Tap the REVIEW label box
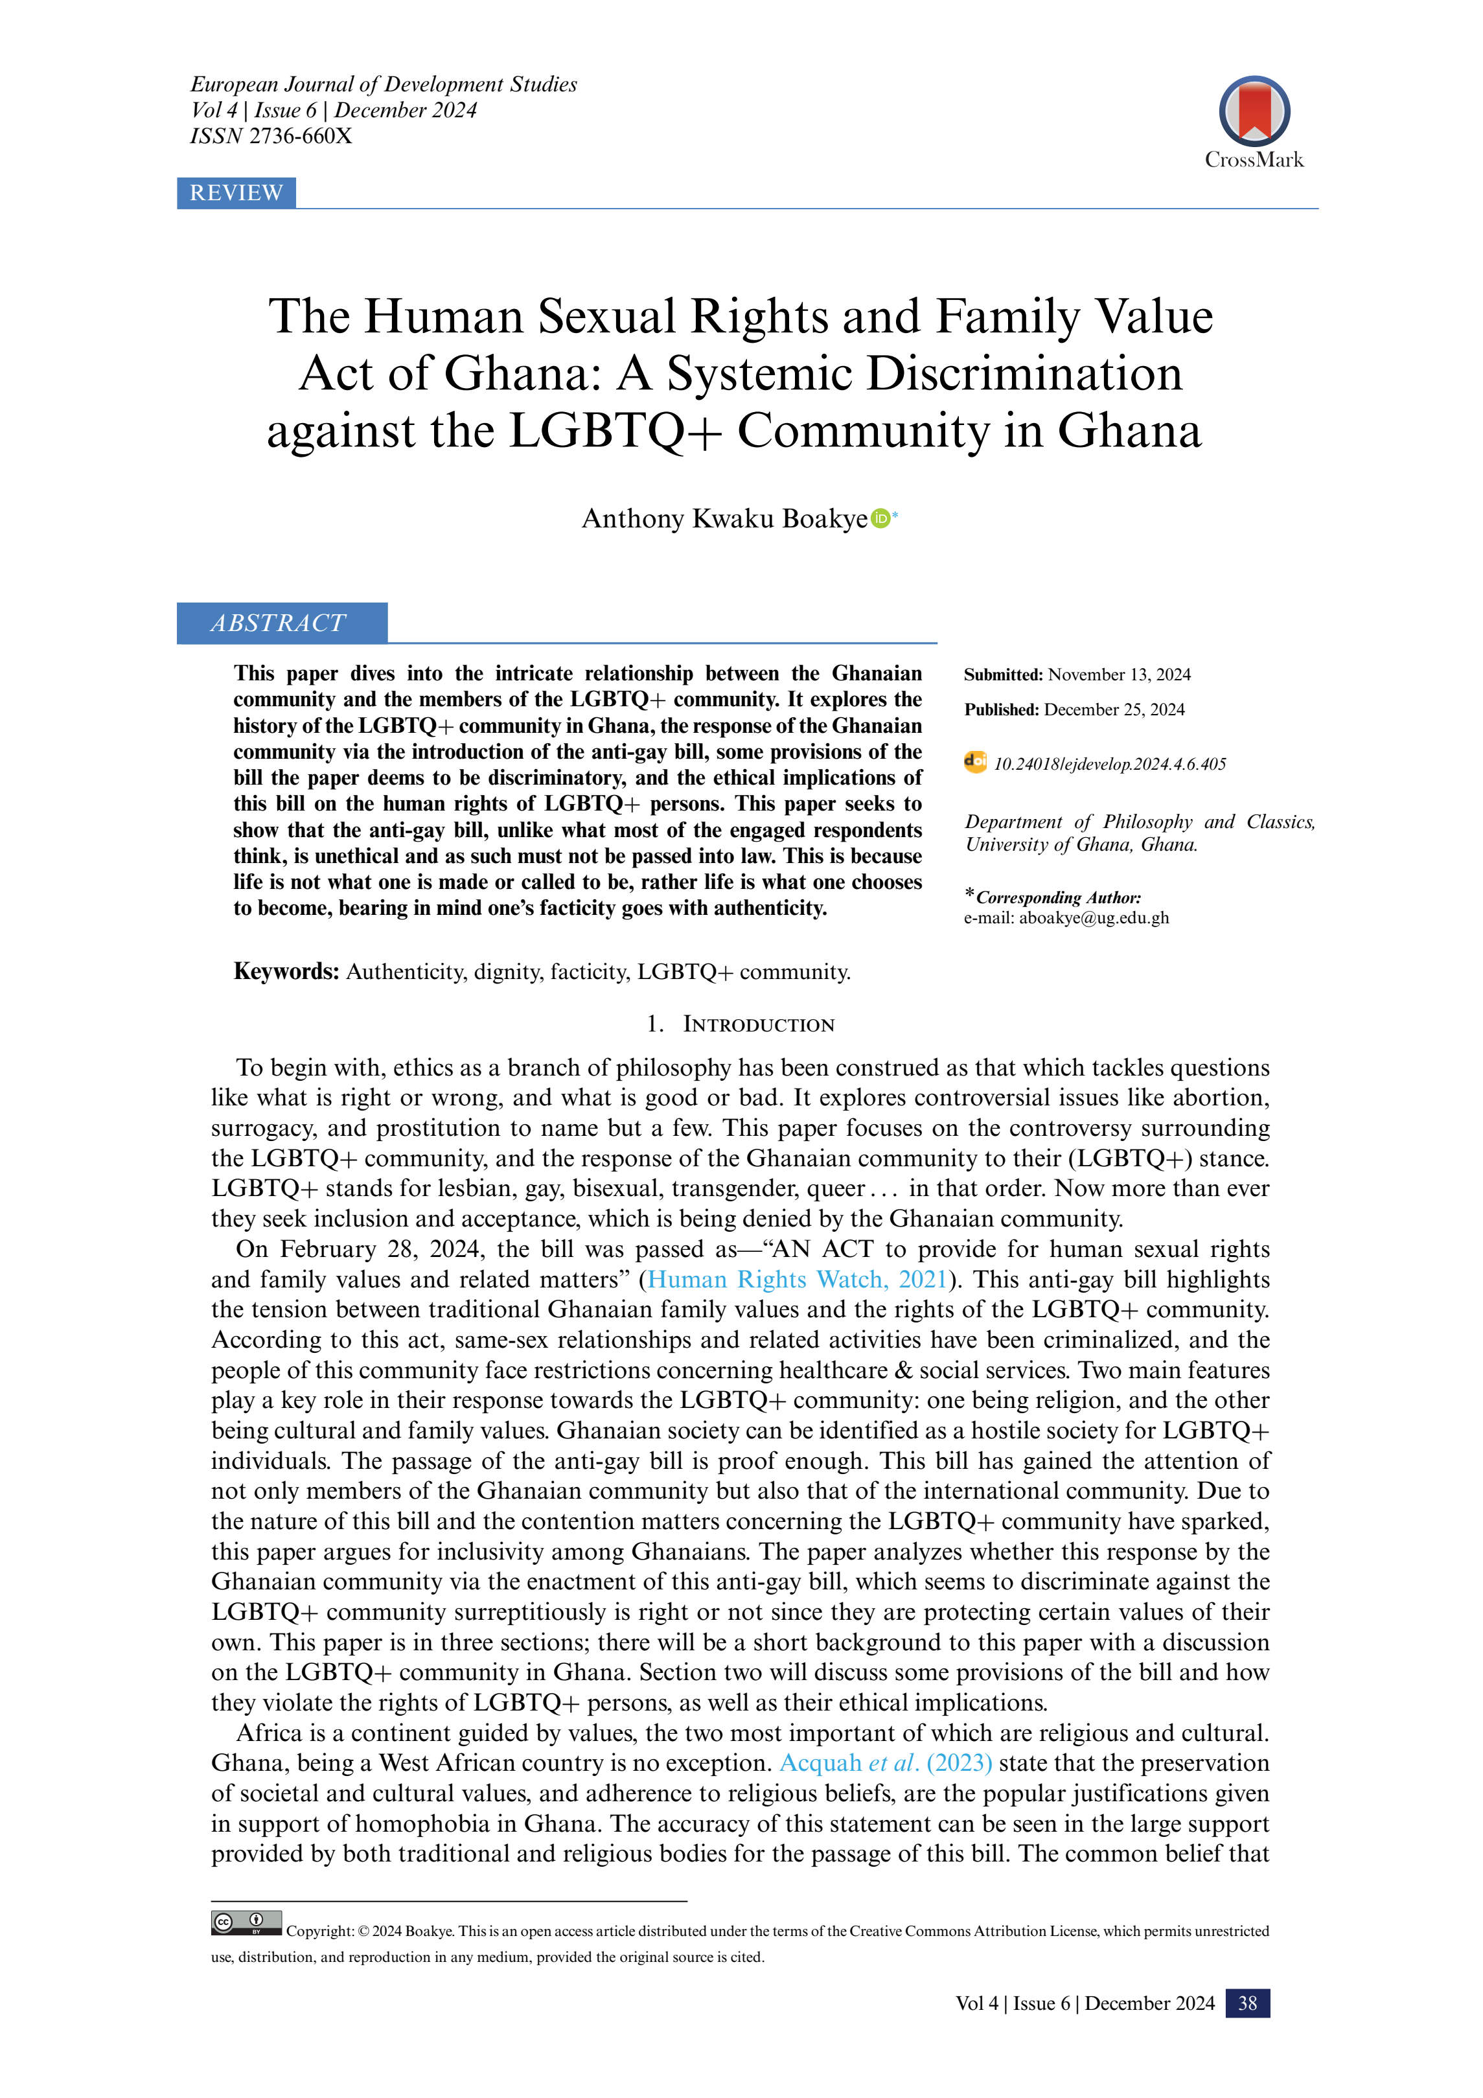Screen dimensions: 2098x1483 [236, 193]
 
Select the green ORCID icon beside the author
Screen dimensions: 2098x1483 [880, 518]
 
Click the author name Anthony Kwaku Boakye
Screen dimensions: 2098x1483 [724, 519]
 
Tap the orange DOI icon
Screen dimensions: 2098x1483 [975, 762]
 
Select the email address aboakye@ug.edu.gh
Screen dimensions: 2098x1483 [1094, 917]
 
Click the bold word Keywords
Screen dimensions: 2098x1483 [286, 971]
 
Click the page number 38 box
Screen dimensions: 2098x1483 [1247, 2003]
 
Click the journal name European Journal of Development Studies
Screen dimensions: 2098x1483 [384, 84]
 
